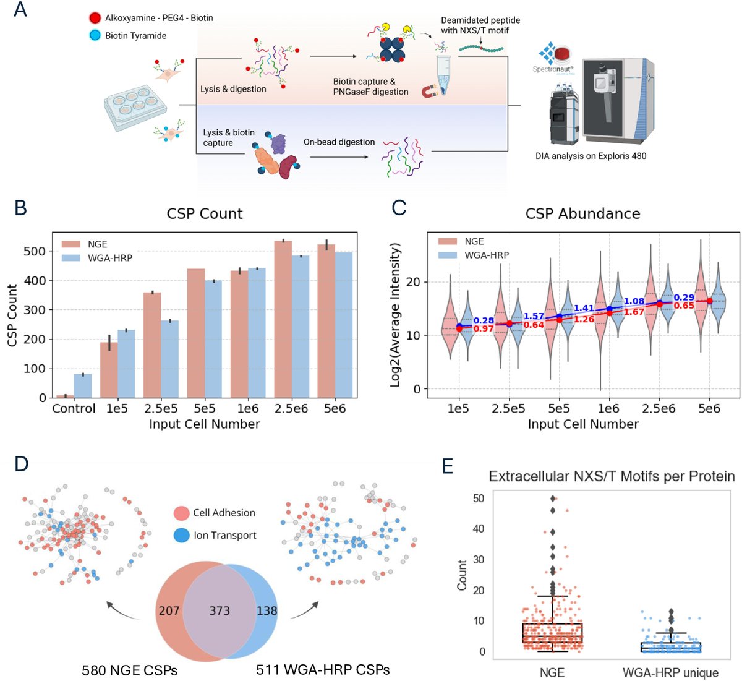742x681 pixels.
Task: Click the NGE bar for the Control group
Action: click(x=66, y=396)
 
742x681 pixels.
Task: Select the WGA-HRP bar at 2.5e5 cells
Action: click(x=169, y=359)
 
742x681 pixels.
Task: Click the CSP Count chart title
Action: click(x=205, y=214)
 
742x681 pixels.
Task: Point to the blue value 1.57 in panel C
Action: click(x=534, y=317)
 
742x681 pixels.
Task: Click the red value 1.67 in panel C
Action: click(x=634, y=312)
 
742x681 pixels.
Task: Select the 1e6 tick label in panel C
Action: click(x=608, y=409)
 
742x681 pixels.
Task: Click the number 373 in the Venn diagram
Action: click(x=220, y=611)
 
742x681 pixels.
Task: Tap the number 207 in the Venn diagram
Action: click(x=169, y=611)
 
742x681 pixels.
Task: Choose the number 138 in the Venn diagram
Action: click(x=267, y=611)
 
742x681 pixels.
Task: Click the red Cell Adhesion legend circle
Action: click(x=181, y=513)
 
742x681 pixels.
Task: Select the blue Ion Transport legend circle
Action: click(x=181, y=535)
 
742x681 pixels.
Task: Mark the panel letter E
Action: click(x=448, y=466)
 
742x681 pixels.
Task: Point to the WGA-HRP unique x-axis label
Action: click(x=670, y=672)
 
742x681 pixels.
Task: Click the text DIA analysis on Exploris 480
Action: click(x=591, y=156)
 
